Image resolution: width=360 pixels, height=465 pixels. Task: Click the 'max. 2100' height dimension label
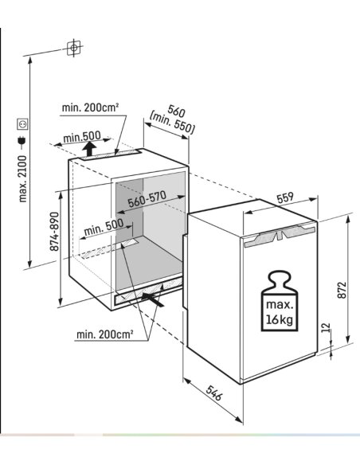[x=23, y=178]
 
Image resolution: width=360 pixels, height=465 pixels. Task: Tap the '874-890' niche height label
[x=54, y=231]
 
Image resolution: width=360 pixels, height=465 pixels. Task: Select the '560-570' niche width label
[x=147, y=199]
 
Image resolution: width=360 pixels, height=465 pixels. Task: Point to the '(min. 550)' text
[x=172, y=123]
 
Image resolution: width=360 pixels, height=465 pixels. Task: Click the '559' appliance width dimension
[x=284, y=198]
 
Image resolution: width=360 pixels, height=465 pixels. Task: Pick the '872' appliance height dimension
[x=342, y=290]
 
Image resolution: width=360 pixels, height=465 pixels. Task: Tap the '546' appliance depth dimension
[x=213, y=393]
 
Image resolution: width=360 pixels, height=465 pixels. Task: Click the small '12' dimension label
[x=326, y=327]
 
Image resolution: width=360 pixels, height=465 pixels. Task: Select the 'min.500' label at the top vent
[x=82, y=137]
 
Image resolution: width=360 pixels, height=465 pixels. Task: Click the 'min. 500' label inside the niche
[x=104, y=227]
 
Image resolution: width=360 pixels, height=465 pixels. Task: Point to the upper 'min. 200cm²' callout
[x=90, y=107]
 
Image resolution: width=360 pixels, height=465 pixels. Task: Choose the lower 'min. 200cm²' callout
[x=104, y=334]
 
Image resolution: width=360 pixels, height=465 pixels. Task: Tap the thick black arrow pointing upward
[x=89, y=149]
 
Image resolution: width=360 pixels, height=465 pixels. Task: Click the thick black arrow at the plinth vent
[x=153, y=299]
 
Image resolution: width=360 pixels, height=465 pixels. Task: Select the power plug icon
[x=22, y=142]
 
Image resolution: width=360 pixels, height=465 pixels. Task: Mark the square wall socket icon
[x=23, y=124]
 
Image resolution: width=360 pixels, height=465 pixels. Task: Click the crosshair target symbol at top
[x=73, y=48]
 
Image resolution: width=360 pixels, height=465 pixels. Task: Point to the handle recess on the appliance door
[x=279, y=236]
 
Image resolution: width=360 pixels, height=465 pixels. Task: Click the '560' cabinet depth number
[x=177, y=111]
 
